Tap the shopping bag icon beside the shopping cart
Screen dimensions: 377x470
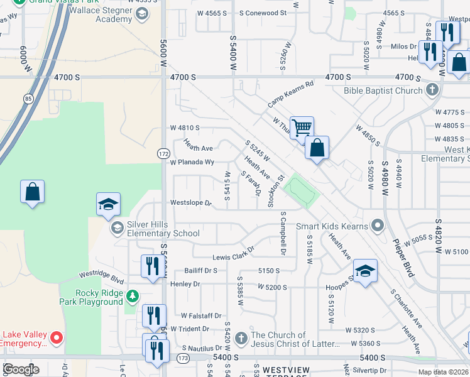317,148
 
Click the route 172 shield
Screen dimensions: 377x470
163,153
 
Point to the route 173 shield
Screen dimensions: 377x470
182,357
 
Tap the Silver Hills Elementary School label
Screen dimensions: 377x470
155,229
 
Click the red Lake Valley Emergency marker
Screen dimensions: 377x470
57,339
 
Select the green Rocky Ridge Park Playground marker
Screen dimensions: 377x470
132,295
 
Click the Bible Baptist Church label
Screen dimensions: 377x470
383,90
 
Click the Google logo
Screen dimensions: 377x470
20,369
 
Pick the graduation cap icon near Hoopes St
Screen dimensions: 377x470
364,271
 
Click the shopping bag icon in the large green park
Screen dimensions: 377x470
32,192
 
